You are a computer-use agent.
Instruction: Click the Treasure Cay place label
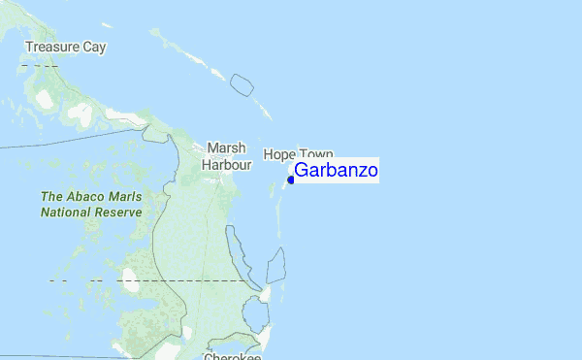66,47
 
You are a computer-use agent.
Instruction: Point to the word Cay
94,47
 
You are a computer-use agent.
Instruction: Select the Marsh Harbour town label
226,156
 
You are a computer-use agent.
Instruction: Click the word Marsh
226,147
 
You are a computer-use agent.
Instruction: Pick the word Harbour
226,165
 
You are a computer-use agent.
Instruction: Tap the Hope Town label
299,154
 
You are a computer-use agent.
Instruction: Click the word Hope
280,154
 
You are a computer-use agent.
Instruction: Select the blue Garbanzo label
336,171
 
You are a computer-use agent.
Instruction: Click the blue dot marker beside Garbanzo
291,180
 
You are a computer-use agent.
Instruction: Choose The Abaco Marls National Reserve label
92,204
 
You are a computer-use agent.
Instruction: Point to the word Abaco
89,197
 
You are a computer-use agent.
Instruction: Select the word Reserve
120,211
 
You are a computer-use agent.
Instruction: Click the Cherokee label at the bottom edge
232,356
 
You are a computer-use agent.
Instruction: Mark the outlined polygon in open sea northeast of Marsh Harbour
242,84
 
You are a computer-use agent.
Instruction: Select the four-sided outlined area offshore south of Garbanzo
276,264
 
